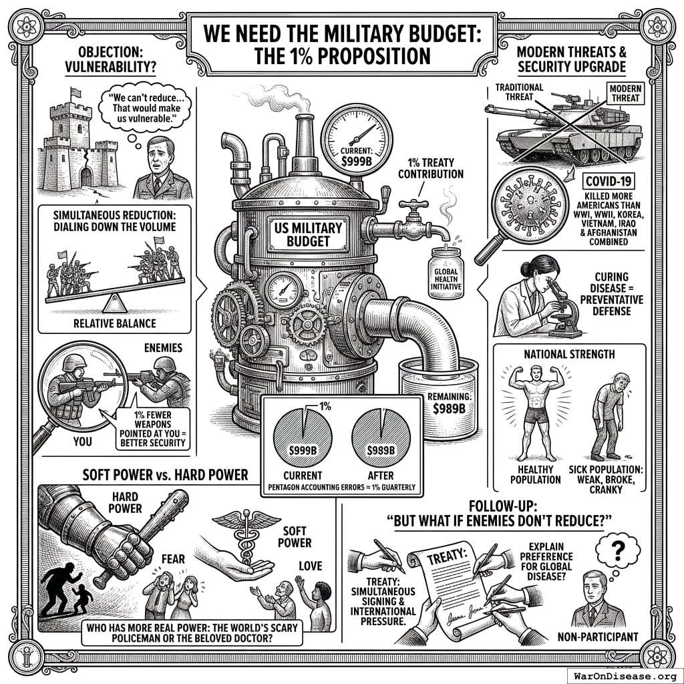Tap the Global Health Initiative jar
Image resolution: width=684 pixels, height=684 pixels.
point(446,273)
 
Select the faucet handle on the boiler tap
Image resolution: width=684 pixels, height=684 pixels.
point(413,204)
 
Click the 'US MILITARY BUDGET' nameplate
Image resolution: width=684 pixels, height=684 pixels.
point(309,234)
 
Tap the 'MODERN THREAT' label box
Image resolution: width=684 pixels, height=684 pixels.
point(625,94)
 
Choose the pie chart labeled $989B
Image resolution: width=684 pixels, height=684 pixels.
point(381,438)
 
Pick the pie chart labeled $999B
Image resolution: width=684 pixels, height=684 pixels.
point(303,438)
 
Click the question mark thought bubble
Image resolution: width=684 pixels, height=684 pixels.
point(618,550)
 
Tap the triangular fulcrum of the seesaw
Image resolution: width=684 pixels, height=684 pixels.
point(115,303)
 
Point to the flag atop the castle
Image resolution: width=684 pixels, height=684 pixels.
point(75,92)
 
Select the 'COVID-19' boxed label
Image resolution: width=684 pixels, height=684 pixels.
point(609,181)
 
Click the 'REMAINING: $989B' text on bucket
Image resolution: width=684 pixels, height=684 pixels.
point(450,403)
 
